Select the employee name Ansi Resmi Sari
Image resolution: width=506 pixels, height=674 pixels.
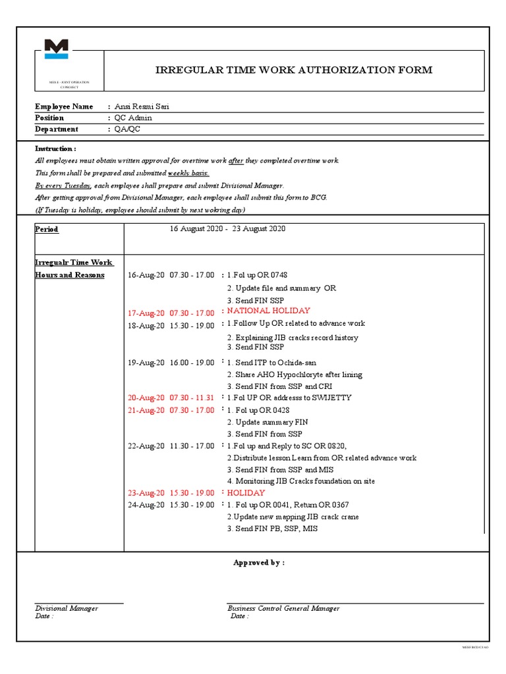tap(146, 107)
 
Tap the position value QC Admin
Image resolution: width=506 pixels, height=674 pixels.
tap(133, 118)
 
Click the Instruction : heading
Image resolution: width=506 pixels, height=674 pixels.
tap(55, 149)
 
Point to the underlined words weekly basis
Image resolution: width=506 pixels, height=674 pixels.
tap(188, 173)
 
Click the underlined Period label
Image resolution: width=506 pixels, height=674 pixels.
tap(47, 229)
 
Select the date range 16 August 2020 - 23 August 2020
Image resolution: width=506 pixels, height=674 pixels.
tap(227, 228)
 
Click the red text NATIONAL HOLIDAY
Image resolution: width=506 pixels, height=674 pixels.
tap(269, 311)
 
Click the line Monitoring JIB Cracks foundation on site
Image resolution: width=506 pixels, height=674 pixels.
tap(301, 481)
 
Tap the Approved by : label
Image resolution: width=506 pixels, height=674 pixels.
tap(259, 563)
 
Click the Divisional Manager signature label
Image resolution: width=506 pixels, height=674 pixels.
tap(67, 608)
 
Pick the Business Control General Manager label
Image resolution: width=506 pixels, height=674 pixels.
tap(283, 608)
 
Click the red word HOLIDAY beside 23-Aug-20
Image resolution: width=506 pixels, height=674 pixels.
tap(246, 493)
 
